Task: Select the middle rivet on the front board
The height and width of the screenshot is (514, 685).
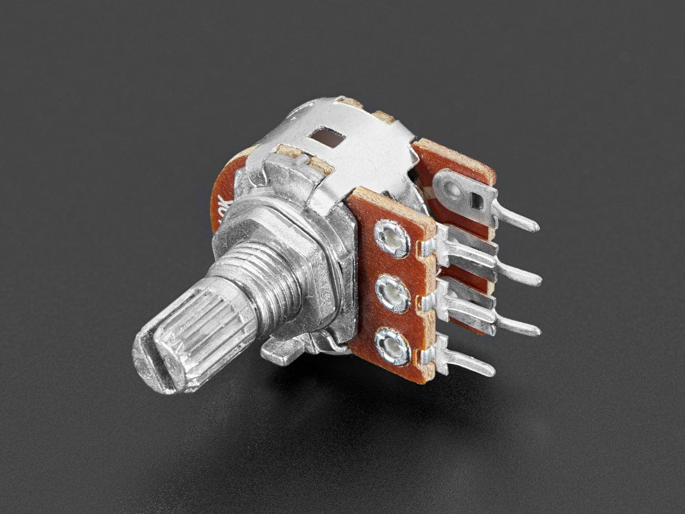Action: click(393, 294)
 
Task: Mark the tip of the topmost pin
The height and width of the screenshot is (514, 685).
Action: click(534, 227)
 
